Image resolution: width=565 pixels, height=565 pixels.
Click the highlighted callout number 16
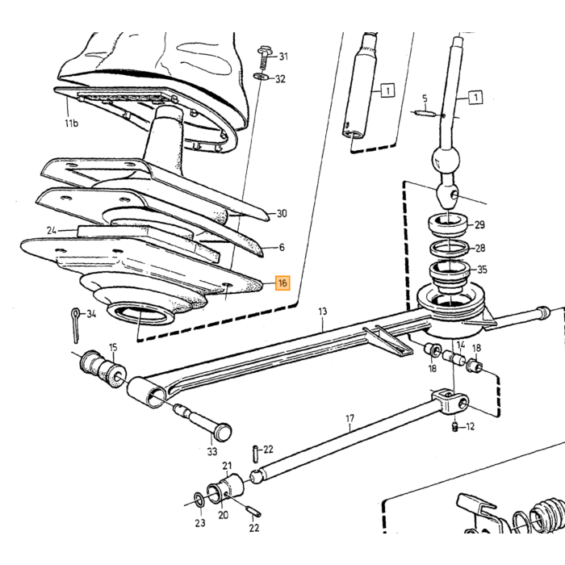tap(282, 282)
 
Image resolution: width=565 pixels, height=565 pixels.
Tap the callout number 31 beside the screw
tap(283, 56)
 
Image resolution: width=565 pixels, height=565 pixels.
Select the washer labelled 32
tap(260, 77)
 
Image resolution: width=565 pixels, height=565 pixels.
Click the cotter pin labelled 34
tap(76, 325)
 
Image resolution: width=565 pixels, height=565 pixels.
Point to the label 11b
tap(71, 123)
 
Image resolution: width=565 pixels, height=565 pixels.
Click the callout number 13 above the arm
tap(323, 311)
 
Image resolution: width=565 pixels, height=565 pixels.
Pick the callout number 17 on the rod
tap(349, 418)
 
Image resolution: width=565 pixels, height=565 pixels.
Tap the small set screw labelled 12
tap(455, 428)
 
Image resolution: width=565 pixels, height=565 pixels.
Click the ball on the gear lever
tap(446, 160)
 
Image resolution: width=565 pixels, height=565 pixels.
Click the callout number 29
tap(479, 225)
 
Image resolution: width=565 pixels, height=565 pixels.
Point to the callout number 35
tap(482, 270)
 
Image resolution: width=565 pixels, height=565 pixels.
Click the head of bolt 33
tap(222, 431)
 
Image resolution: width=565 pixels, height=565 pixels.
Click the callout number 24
tap(52, 230)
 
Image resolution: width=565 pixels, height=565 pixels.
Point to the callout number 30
tap(282, 214)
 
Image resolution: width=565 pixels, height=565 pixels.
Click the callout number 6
tap(282, 248)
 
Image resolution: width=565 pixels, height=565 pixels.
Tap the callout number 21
tap(227, 466)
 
